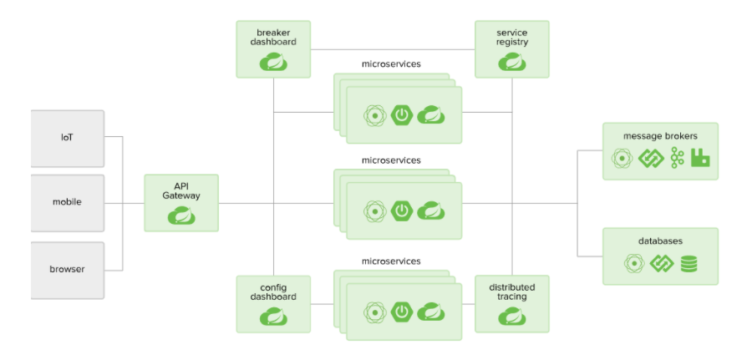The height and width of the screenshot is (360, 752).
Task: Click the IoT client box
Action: [x=67, y=137]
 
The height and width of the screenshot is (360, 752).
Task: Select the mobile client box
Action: [x=67, y=202]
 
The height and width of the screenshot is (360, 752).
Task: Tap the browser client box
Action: [x=67, y=269]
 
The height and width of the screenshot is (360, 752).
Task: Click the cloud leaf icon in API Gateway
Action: [x=181, y=215]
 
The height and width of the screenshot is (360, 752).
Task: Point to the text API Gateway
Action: [x=181, y=190]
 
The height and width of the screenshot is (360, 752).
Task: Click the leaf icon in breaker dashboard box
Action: [x=273, y=62]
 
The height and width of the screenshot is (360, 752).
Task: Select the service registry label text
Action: [x=512, y=37]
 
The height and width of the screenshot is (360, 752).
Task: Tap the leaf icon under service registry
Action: [x=512, y=62]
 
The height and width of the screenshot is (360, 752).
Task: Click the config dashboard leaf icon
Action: [x=273, y=317]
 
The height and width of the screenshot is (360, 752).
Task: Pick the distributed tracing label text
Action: [x=512, y=292]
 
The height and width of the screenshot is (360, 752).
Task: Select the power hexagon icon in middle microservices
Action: [x=403, y=211]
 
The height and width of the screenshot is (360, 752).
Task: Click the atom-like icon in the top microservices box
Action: [x=373, y=115]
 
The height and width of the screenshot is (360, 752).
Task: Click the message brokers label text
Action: [x=660, y=135]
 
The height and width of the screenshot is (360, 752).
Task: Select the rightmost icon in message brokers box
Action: [x=700, y=158]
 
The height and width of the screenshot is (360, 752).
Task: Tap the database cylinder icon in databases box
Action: [x=688, y=264]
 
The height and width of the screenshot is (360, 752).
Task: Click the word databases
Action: [x=660, y=241]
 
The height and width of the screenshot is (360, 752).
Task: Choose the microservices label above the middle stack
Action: [x=391, y=160]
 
